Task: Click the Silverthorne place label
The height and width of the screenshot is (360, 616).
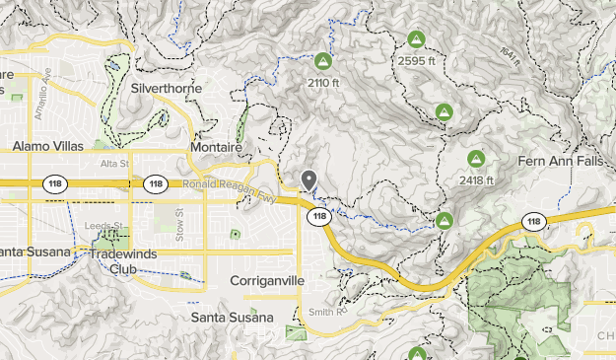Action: (x=167, y=88)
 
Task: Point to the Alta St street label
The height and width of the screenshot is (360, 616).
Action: (x=114, y=164)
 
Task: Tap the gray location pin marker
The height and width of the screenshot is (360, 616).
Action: (x=308, y=180)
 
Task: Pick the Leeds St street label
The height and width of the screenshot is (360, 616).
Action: (x=103, y=225)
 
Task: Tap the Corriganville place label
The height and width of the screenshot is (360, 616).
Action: (x=267, y=281)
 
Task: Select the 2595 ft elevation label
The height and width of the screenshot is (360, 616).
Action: (x=416, y=61)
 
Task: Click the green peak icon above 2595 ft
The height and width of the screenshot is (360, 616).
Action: (x=416, y=40)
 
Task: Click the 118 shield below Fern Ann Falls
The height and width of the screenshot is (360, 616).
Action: (x=533, y=220)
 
